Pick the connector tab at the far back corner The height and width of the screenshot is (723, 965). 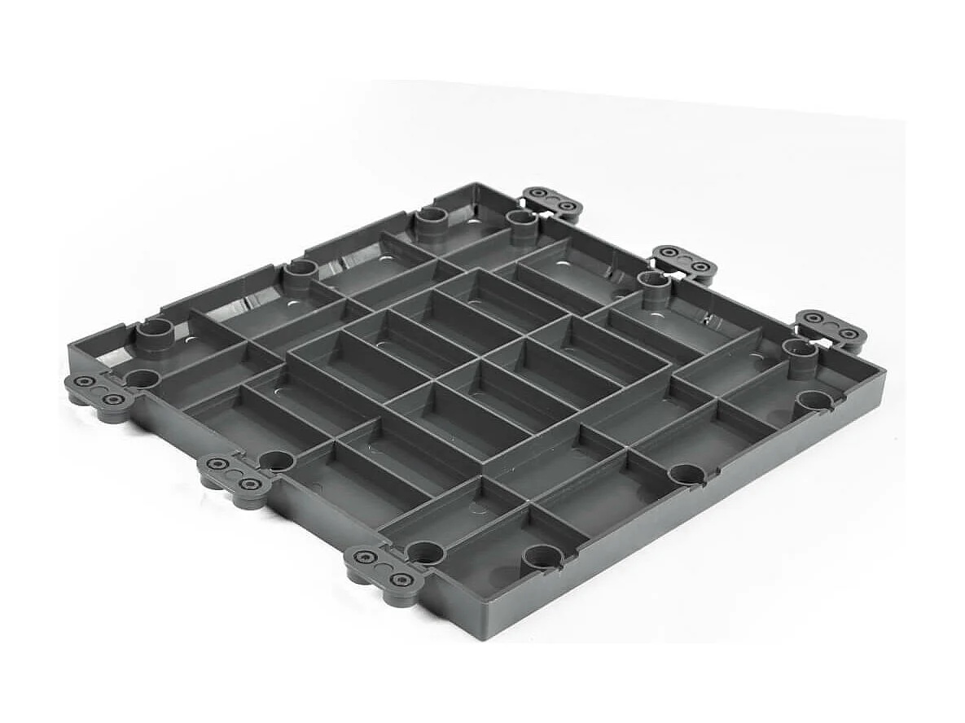pyautogui.click(x=553, y=202)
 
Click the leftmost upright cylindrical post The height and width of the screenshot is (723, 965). pyautogui.click(x=154, y=335)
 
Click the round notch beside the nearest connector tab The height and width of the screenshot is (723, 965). pyautogui.click(x=425, y=553)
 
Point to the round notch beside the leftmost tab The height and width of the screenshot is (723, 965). pyautogui.click(x=142, y=379)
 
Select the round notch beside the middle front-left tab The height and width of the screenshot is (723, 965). pyautogui.click(x=277, y=461)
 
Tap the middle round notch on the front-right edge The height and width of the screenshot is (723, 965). pyautogui.click(x=689, y=475)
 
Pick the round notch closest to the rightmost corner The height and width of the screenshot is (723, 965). pyautogui.click(x=814, y=401)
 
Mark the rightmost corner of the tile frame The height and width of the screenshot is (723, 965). pyautogui.click(x=883, y=373)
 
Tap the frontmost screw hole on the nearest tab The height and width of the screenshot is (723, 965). pyautogui.click(x=401, y=580)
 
